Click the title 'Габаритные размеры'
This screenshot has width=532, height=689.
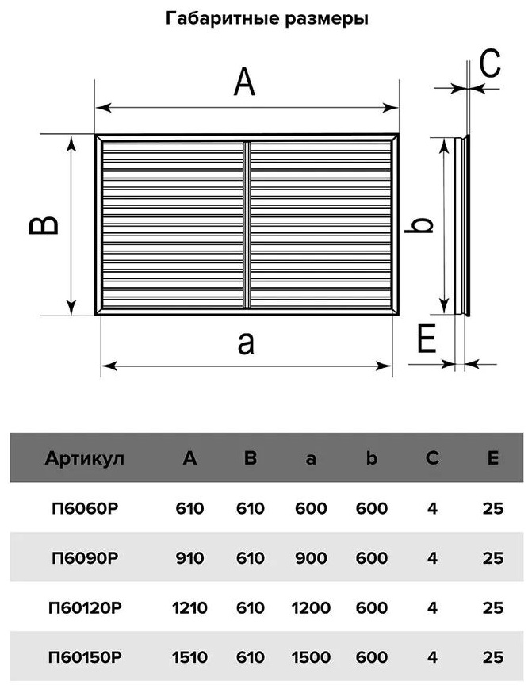pos(266,19)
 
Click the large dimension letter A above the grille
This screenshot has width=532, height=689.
pos(244,82)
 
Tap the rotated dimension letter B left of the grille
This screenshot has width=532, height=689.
pos(44,225)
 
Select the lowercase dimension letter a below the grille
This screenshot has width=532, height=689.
pos(246,343)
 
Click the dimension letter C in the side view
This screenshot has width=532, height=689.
pos(490,63)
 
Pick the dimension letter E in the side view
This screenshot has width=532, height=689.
pos(426,339)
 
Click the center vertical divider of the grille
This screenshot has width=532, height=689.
pos(247,224)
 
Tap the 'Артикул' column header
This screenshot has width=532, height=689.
pos(84,458)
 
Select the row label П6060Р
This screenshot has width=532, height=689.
pos(85,508)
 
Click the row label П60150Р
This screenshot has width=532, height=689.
pos(85,657)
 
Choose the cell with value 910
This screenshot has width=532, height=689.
pos(189,558)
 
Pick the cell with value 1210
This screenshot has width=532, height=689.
pos(189,607)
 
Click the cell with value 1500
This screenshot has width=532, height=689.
pos(311,657)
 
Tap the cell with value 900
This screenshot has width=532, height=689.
pos(311,558)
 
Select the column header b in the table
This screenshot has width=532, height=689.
pos(372,457)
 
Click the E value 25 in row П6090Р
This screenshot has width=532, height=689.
pos(493,558)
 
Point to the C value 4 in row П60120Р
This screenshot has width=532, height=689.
pos(432,607)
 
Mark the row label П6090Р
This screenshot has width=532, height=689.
pos(85,558)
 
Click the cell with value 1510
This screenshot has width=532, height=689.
pos(189,657)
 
